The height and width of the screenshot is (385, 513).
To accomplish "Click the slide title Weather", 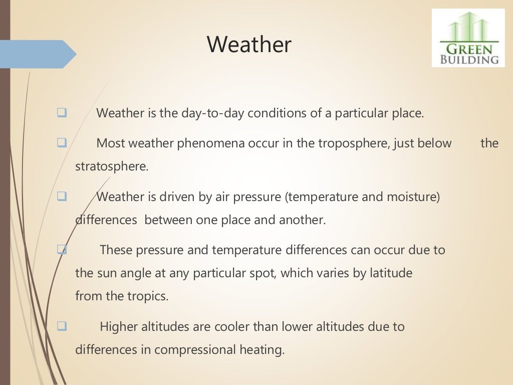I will click(249, 45).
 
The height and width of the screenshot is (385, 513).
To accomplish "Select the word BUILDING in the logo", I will click(469, 60).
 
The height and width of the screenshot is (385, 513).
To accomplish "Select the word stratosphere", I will click(111, 166).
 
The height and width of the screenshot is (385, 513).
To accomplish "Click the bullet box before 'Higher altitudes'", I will click(62, 326).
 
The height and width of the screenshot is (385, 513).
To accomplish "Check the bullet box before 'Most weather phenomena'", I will click(62, 143).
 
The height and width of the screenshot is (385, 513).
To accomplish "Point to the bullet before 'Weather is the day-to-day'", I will click(62, 113).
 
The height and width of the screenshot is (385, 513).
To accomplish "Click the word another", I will click(302, 220).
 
